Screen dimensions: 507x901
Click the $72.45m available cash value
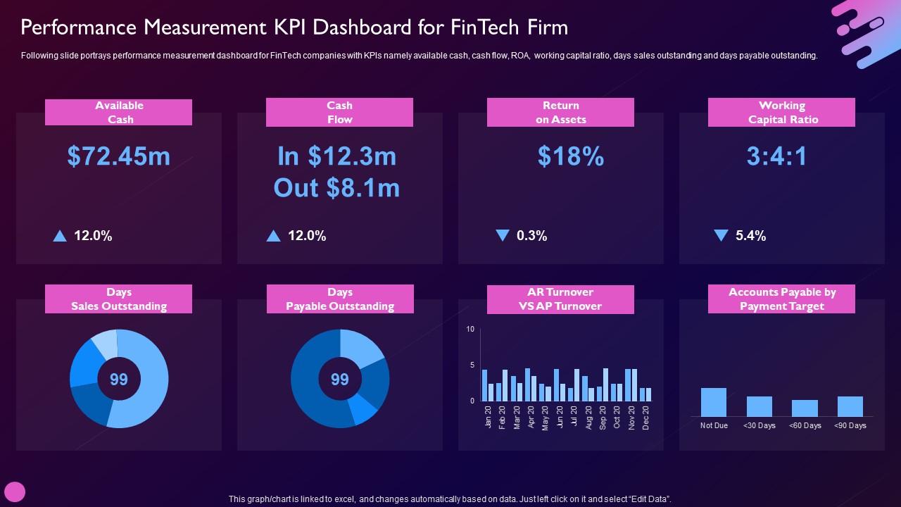119,156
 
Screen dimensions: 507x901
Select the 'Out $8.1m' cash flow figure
336,188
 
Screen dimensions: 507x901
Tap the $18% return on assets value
570,156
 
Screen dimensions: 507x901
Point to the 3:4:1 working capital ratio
776,156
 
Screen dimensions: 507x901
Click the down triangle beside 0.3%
502,235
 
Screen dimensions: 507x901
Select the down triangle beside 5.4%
721,235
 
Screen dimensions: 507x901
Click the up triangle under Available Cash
60,236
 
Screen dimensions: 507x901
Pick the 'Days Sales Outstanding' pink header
119,299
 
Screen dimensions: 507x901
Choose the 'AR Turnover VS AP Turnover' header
560,299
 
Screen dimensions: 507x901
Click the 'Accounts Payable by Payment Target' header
781,299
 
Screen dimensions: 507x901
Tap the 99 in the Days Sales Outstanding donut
119,380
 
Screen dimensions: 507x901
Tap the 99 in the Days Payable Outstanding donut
340,380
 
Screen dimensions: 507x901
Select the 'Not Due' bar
714,402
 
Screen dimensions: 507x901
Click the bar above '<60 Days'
805,408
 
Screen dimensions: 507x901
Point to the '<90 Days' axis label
850,425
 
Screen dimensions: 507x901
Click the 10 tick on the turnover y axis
470,330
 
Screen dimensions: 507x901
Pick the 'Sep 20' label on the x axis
603,418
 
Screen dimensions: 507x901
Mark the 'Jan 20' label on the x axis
488,418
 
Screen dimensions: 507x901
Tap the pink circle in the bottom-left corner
15,492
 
